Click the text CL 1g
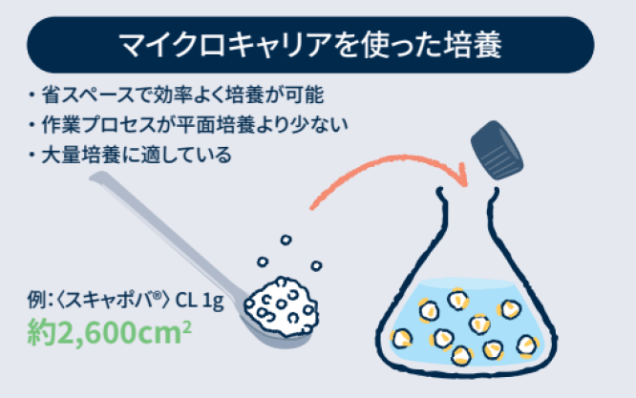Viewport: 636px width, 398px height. pyautogui.click(x=199, y=304)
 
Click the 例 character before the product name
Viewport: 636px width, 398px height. pyautogui.click(x=35, y=304)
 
